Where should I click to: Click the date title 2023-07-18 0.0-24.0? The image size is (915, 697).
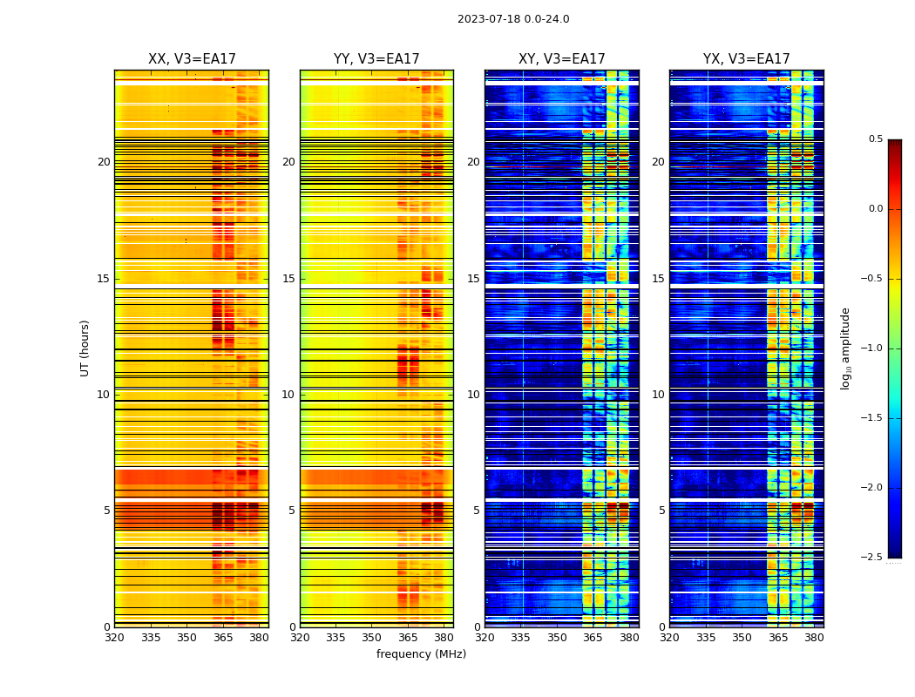click(x=513, y=19)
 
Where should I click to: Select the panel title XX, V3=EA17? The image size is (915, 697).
click(x=192, y=59)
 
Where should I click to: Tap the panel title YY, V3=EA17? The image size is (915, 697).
click(x=376, y=59)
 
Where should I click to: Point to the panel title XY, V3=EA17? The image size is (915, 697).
click(x=561, y=59)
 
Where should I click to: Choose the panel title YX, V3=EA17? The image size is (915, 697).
click(x=747, y=59)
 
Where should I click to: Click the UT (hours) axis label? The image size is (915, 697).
click(x=85, y=348)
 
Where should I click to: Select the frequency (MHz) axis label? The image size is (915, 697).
click(x=421, y=654)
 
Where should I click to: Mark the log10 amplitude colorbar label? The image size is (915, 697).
click(x=845, y=348)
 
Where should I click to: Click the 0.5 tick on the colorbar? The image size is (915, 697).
click(x=876, y=139)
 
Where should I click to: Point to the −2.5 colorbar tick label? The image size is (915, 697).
click(x=871, y=558)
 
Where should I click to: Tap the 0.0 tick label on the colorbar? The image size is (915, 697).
click(x=876, y=209)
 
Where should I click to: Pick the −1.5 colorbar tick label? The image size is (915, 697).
click(x=871, y=418)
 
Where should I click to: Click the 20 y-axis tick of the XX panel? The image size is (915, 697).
click(x=104, y=162)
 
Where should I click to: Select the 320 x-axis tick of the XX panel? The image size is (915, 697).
click(x=114, y=637)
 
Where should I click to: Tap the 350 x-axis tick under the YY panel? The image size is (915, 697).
click(x=372, y=637)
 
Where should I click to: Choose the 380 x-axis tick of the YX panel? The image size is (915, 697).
click(x=814, y=637)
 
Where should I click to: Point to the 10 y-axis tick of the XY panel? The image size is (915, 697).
click(x=473, y=395)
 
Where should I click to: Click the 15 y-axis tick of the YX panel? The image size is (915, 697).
click(x=658, y=279)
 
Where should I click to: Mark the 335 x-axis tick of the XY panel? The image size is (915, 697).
click(x=521, y=637)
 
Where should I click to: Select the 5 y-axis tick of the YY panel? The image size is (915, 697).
click(x=292, y=511)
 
